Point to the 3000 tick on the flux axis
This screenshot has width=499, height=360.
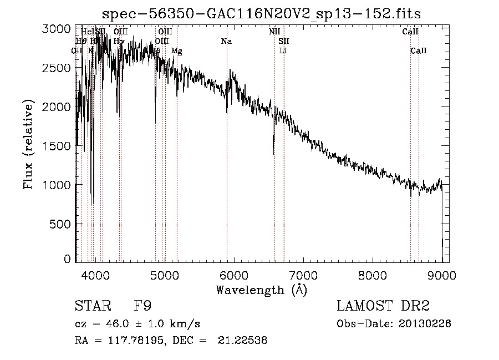click(58, 29)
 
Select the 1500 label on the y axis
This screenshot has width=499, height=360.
click(58, 146)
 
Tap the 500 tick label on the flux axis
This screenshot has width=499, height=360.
click(61, 224)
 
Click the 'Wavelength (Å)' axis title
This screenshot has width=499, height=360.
click(261, 290)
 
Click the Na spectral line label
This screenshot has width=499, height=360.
click(226, 42)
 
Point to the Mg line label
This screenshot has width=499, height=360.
click(176, 51)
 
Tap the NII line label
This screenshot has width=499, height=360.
click(274, 32)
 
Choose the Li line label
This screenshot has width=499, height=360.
click(283, 51)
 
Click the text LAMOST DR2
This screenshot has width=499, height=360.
click(383, 306)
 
